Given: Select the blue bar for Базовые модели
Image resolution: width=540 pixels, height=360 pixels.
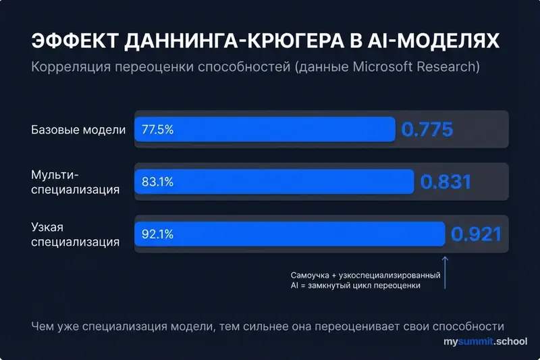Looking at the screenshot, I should pyautogui.click(x=265, y=129).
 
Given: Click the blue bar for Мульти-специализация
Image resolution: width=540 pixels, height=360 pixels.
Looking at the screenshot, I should pyautogui.click(x=274, y=182).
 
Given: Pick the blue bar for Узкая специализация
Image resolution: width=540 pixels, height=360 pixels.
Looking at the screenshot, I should pyautogui.click(x=290, y=234).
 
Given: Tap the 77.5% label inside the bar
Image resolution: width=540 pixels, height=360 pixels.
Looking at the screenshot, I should pyautogui.click(x=157, y=129).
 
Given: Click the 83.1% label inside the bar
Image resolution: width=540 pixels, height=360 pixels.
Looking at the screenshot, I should pyautogui.click(x=157, y=182).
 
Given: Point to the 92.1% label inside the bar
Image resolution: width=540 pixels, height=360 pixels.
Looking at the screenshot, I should pyautogui.click(x=157, y=234).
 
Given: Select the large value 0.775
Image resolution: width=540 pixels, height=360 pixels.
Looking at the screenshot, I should pyautogui.click(x=427, y=130).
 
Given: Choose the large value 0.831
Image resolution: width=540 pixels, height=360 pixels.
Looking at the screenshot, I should pyautogui.click(x=446, y=182).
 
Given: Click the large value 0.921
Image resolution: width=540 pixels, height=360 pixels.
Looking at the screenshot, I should pyautogui.click(x=477, y=235).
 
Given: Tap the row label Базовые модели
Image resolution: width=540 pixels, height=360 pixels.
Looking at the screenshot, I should pyautogui.click(x=78, y=130).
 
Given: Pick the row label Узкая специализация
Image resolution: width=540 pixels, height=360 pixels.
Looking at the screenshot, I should pyautogui.click(x=76, y=234).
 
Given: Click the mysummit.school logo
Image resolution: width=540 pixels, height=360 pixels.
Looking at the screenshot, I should pyautogui.click(x=485, y=343).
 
